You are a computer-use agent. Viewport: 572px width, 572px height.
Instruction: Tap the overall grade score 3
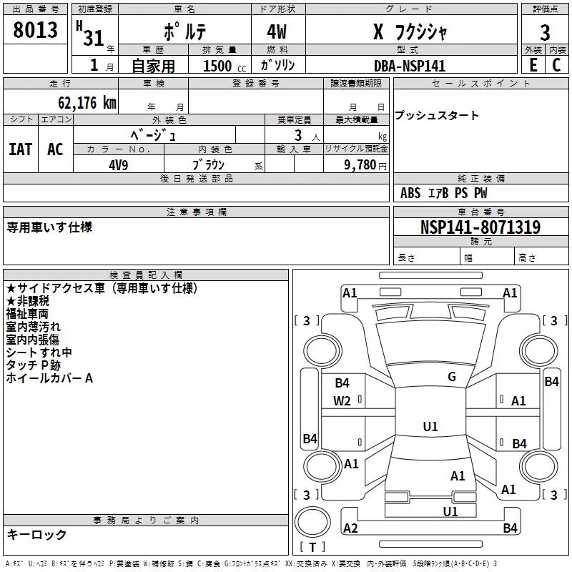(x=545, y=33)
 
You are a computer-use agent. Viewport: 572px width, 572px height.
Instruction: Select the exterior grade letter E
(x=533, y=65)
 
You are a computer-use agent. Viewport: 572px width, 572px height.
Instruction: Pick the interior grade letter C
(x=556, y=65)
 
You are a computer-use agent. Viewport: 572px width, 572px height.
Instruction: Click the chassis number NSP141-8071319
(x=480, y=227)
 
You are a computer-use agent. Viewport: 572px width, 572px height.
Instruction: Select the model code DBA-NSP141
(x=410, y=65)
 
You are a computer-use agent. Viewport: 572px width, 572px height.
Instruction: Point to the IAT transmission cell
(x=20, y=149)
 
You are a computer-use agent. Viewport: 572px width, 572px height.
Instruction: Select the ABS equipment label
(x=410, y=193)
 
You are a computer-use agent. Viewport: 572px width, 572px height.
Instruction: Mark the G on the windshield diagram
(x=451, y=377)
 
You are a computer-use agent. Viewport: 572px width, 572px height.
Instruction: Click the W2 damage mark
(x=342, y=401)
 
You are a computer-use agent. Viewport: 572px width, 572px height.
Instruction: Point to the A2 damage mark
(x=350, y=528)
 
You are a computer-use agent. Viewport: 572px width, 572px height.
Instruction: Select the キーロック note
(x=37, y=535)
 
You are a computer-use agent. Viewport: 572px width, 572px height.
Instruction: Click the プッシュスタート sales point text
(x=437, y=116)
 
